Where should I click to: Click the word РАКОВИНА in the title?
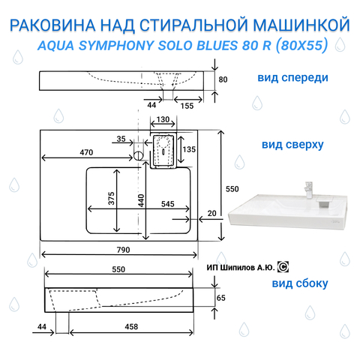point(52,25)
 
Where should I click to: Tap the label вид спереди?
point(292,78)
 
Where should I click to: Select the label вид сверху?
point(292,145)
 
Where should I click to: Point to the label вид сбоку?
point(300,283)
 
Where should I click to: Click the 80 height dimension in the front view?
point(223,79)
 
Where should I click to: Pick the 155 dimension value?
point(187,106)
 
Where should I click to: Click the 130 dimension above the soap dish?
point(163,119)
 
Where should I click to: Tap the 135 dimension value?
point(189,149)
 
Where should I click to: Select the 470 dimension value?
point(86,152)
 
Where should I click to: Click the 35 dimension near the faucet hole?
point(121,139)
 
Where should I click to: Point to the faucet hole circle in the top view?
point(138,156)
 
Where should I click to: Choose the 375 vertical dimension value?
point(111,198)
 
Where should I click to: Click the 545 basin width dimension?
point(167,204)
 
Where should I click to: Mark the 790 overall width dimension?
point(123,250)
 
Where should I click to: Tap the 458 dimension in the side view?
point(131,326)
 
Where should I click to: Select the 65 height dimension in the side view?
point(221,298)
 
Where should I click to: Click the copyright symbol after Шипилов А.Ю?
point(283,267)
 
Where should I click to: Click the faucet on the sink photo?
point(309,190)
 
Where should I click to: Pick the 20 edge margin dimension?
point(211,213)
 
